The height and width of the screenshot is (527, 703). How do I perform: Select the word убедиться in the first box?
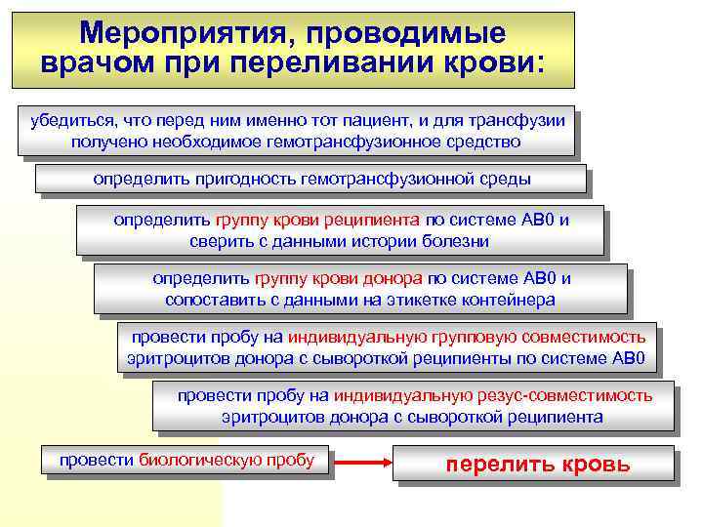coord(63,121)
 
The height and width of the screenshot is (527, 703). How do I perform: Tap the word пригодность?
coord(222,180)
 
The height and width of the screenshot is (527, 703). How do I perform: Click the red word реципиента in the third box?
coord(373,220)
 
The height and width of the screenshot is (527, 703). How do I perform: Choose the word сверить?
coord(221,240)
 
